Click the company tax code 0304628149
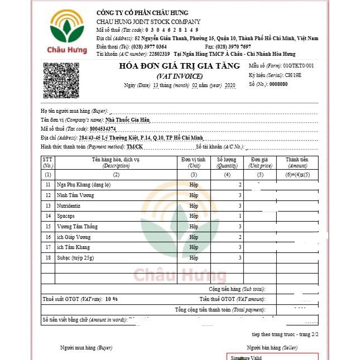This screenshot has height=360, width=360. tap(172, 30)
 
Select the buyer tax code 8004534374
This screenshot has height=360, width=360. tap(116, 128)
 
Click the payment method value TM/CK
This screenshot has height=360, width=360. tap(135, 146)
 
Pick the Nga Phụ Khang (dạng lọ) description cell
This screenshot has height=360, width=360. tap(84, 185)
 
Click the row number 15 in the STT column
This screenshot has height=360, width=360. tap(48, 227)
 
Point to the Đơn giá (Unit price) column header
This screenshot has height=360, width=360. tap(261, 162)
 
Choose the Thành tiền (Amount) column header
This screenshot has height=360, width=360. tap(297, 162)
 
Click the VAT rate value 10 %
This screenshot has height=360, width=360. tap(111, 299)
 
